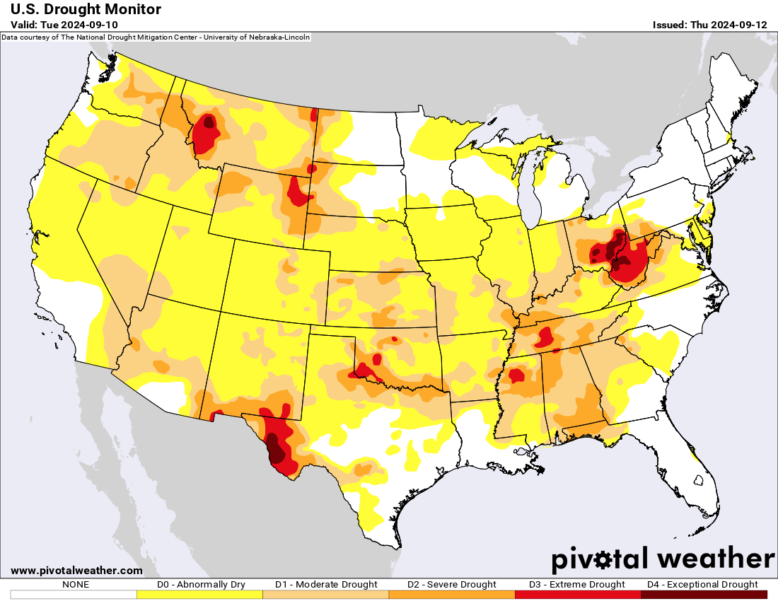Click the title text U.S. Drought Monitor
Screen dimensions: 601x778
pyautogui.click(x=86, y=9)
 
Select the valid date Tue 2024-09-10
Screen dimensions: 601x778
pyautogui.click(x=64, y=25)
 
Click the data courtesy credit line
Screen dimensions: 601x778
pyautogui.click(x=156, y=37)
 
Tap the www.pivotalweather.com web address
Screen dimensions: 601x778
pyautogui.click(x=76, y=571)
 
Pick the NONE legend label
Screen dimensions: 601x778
pyautogui.click(x=75, y=585)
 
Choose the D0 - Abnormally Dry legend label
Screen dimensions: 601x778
pyautogui.click(x=201, y=585)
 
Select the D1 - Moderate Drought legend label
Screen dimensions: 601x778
pyautogui.click(x=326, y=585)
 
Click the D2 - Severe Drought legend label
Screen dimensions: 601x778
pyautogui.click(x=452, y=585)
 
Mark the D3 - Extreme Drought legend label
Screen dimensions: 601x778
pyautogui.click(x=578, y=585)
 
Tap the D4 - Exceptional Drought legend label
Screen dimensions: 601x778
pyautogui.click(x=703, y=585)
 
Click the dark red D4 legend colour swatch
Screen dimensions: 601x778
pyautogui.click(x=704, y=595)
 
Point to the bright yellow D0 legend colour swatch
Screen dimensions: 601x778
pyautogui.click(x=200, y=595)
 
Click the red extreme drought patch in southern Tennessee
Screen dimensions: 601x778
pyautogui.click(x=544, y=337)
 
